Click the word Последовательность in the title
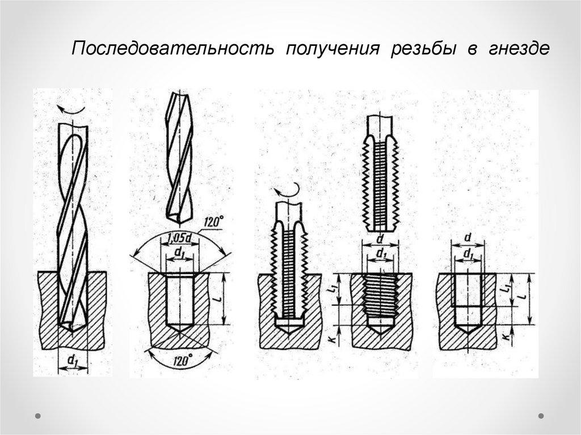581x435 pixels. click(173, 49)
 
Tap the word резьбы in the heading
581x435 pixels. click(423, 49)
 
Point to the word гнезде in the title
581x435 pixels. click(519, 49)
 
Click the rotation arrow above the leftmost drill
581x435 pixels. click(70, 109)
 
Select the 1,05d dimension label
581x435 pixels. click(179, 238)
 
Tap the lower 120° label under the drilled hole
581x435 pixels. click(181, 360)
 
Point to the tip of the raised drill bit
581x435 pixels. click(180, 224)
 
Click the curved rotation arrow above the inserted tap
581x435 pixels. click(287, 190)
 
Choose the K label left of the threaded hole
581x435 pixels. click(333, 337)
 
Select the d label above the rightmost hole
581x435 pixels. click(468, 238)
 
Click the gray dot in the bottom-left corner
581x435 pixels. click(38, 416)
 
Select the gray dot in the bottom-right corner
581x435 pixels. click(541, 416)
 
